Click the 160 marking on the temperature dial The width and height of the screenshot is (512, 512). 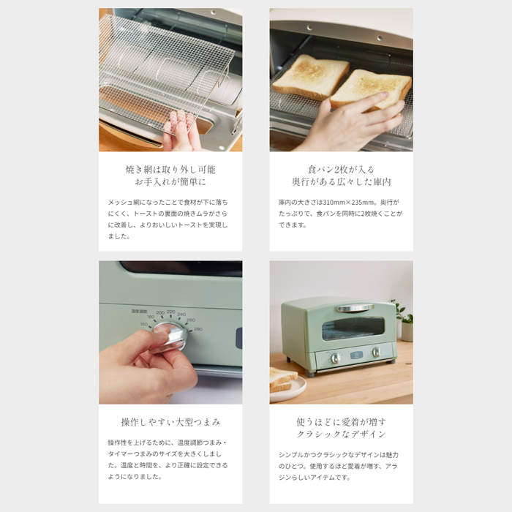(x=144, y=324)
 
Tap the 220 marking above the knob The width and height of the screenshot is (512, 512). (x=170, y=312)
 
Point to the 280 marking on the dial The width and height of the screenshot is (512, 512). (x=198, y=329)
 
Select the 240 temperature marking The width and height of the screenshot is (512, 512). (x=181, y=315)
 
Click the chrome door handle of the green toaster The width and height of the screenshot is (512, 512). (x=355, y=308)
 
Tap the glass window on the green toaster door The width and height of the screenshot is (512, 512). (x=353, y=328)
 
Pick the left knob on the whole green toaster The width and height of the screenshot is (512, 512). (x=335, y=358)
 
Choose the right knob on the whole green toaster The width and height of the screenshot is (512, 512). (x=376, y=352)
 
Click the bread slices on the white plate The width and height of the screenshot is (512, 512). (x=282, y=379)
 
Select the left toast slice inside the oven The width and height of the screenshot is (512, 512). (x=311, y=78)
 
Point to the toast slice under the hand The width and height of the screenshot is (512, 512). (x=371, y=89)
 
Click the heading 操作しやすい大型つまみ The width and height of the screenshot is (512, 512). (x=170, y=422)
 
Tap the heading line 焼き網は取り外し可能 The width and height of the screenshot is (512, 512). (x=170, y=170)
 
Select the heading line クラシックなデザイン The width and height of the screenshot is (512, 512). (x=342, y=434)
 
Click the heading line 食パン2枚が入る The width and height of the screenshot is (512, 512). (x=341, y=170)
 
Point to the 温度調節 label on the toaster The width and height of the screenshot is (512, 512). (x=139, y=311)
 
